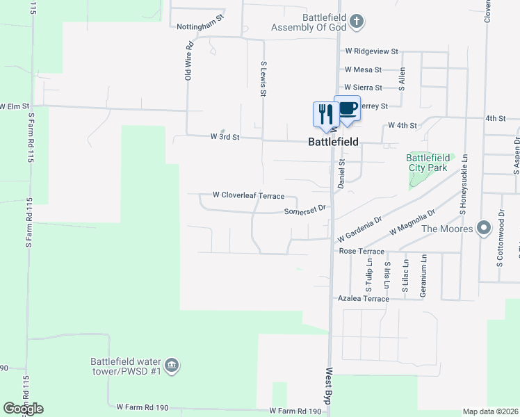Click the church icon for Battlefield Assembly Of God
357,21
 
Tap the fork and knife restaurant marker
325,113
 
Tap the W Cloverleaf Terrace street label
248,195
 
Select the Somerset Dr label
305,211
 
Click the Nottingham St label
201,26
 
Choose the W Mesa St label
363,69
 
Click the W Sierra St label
364,88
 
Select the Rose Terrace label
361,250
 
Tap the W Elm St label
15,106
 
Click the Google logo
23,409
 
